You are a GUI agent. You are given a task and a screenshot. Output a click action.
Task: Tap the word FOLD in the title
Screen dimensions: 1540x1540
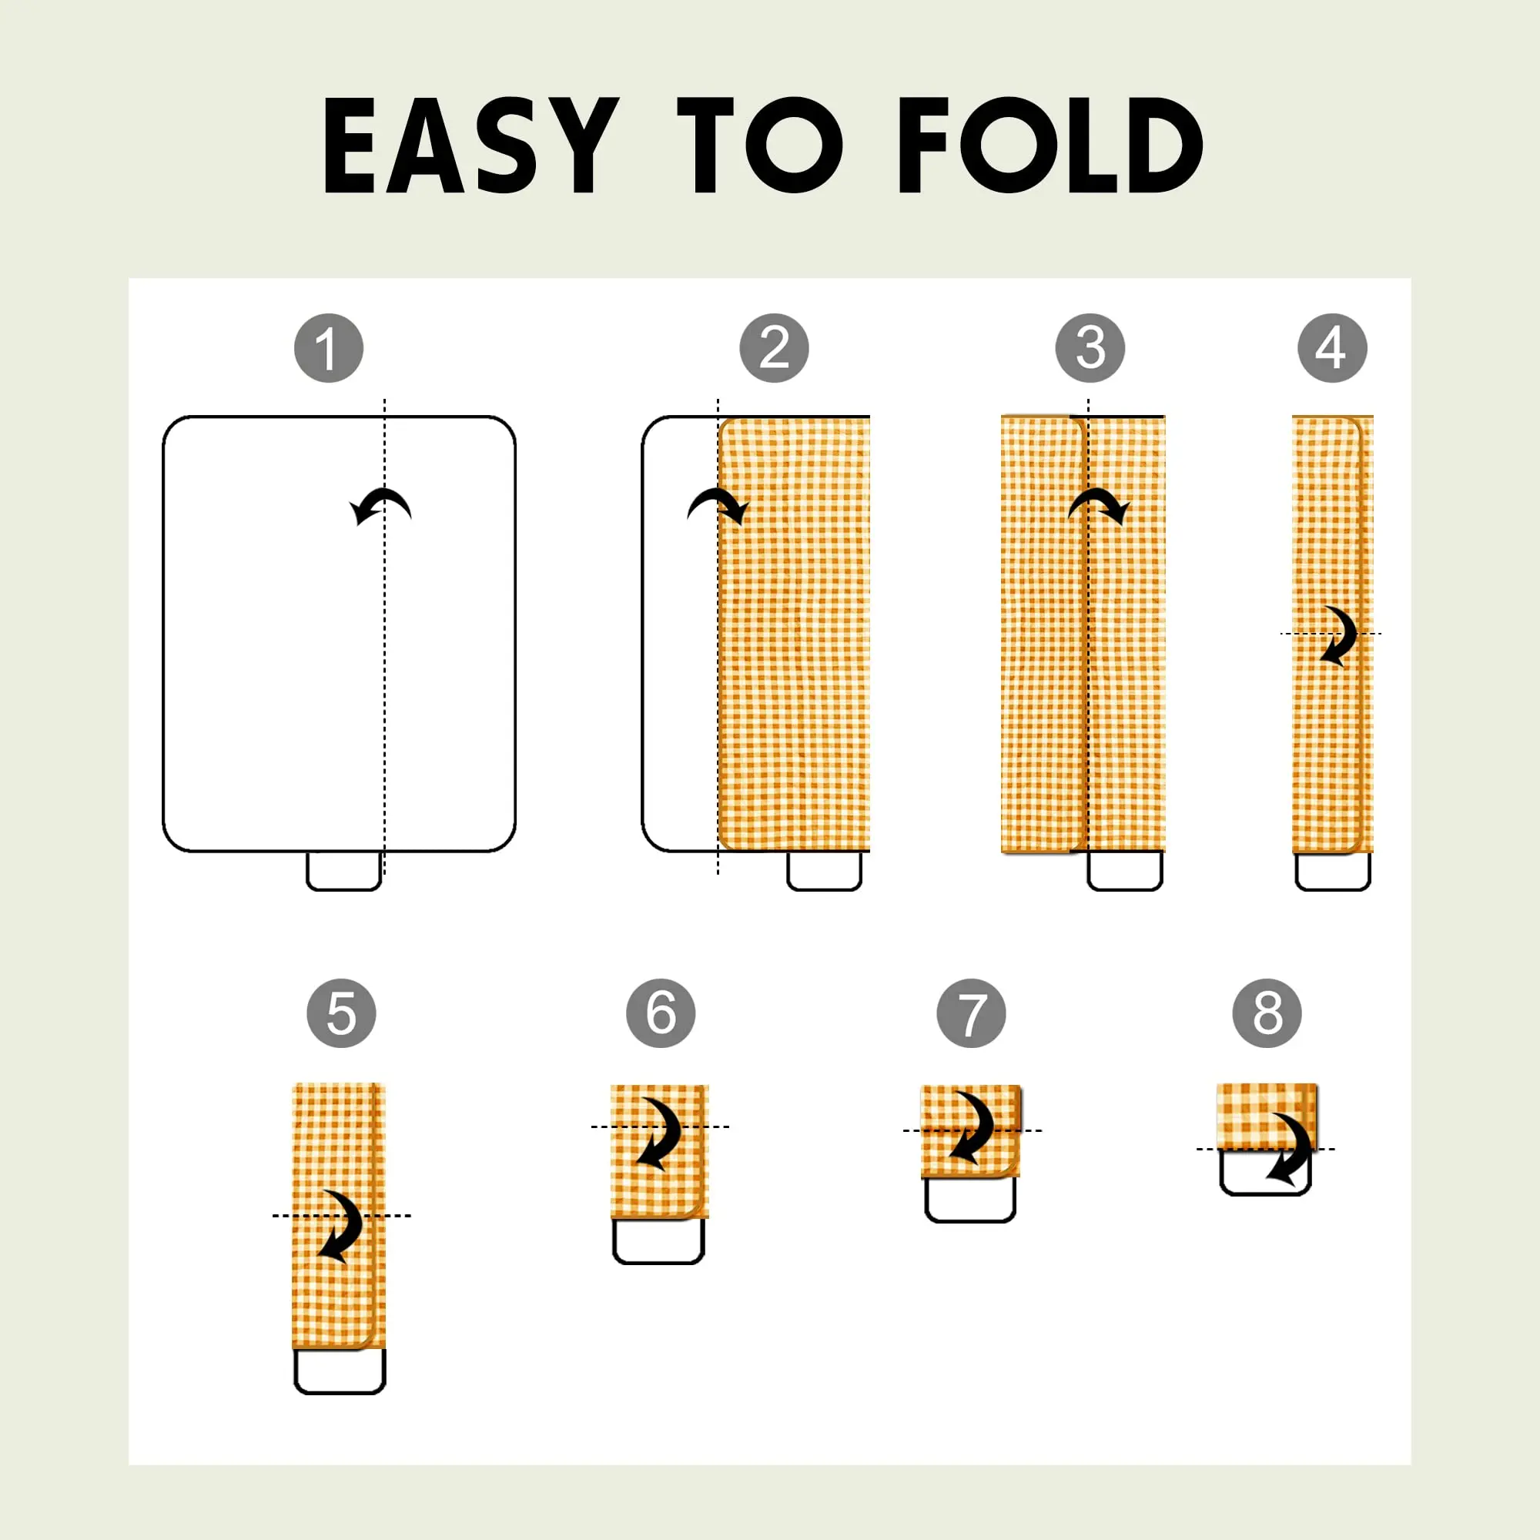[x=1050, y=145]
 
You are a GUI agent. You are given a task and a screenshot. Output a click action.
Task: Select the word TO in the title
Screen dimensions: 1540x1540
[x=760, y=145]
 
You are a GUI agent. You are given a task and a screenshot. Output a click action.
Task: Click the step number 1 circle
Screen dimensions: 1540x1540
[x=329, y=348]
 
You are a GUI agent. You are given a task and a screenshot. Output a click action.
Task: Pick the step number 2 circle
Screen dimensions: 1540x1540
[x=773, y=348]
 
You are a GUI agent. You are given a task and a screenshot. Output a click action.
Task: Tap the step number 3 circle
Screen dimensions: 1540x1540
[x=1090, y=348]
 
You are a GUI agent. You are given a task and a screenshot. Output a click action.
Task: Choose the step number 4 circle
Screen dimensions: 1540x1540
[x=1332, y=348]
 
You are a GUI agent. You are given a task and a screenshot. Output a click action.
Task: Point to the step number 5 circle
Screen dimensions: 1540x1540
[x=341, y=1013]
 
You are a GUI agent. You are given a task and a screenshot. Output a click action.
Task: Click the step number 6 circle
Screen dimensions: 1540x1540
[x=660, y=1013]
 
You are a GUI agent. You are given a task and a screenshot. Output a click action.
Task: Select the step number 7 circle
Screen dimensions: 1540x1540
[x=971, y=1013]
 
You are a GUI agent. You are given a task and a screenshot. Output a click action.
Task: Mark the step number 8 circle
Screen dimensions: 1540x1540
[x=1267, y=1013]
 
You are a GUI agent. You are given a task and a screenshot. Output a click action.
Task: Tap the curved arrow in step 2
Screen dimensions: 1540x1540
[x=718, y=496]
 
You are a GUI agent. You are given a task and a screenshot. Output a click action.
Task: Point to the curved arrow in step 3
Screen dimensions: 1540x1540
[x=1099, y=496]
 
